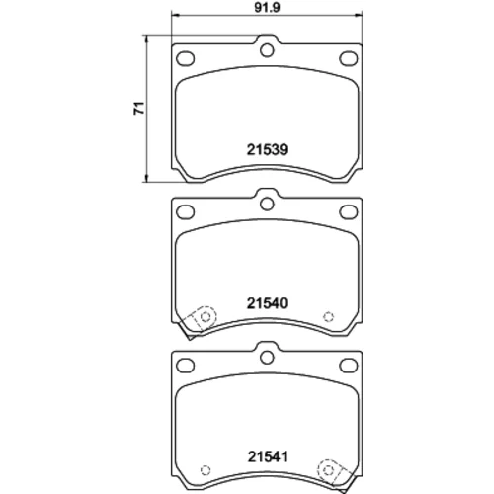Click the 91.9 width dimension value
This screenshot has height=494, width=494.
(267, 7)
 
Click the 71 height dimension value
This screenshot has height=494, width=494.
(139, 108)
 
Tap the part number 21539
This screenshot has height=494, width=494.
(267, 150)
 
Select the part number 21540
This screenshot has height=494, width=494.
(267, 303)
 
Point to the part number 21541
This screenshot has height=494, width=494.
(268, 456)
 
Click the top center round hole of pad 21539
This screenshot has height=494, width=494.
(267, 50)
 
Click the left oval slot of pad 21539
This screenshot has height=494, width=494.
(185, 59)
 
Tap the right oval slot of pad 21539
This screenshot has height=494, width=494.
(349, 59)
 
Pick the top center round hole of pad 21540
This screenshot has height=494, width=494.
(267, 204)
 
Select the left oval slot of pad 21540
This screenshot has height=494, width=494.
(185, 212)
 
